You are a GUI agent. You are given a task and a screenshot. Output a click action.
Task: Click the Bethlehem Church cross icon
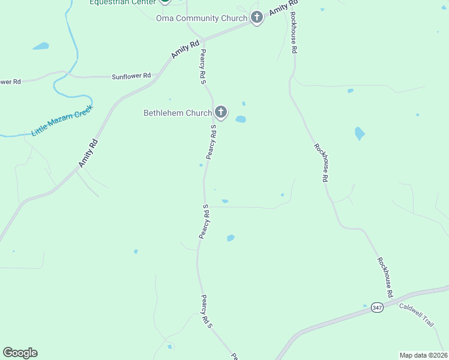(221, 112)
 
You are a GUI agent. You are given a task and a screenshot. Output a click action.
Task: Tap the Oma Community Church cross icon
(257, 17)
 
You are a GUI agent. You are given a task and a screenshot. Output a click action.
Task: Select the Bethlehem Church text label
(178, 113)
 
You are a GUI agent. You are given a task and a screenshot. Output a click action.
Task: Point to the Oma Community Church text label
(202, 18)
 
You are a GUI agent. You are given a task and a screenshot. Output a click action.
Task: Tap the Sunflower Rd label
(131, 77)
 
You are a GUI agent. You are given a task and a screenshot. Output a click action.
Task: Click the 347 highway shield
(376, 307)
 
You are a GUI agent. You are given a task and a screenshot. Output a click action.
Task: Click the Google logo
(20, 353)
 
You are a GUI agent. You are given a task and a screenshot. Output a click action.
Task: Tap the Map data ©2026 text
(423, 355)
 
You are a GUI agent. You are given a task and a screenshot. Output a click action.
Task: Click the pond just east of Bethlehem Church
(241, 119)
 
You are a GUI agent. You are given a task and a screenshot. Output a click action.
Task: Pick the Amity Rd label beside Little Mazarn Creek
(88, 153)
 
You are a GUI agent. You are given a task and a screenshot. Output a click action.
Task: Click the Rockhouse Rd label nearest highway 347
(385, 277)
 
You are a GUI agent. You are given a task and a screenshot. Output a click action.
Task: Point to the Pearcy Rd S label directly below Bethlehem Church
(211, 143)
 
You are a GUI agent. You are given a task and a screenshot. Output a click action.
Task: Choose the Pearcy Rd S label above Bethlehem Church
(203, 66)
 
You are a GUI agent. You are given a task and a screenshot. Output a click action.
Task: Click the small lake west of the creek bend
(41, 46)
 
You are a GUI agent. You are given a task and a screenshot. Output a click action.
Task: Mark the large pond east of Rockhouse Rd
(360, 133)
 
